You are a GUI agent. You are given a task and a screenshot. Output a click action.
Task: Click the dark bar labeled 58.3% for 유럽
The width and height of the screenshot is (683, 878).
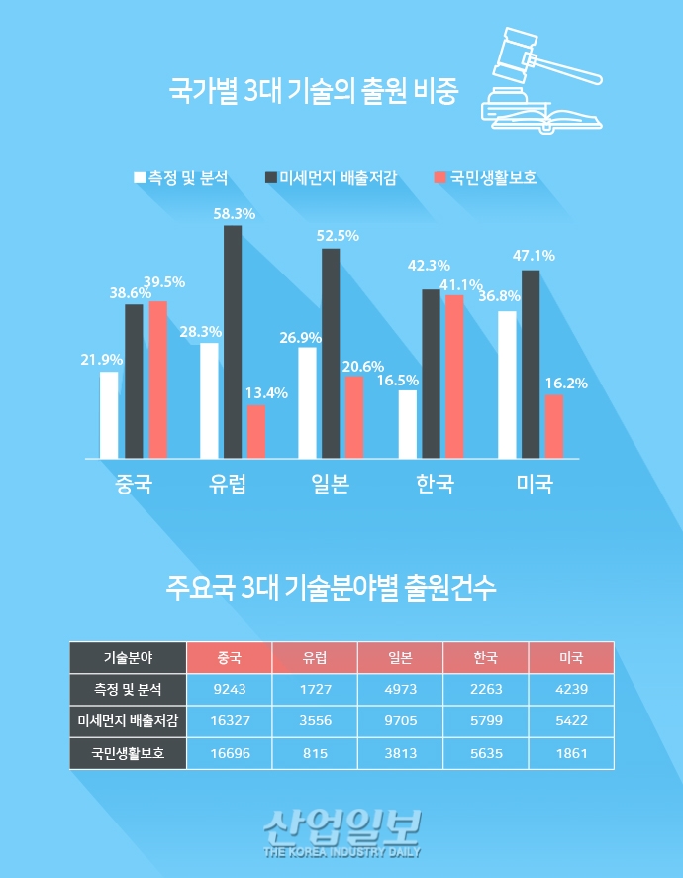pyautogui.click(x=233, y=342)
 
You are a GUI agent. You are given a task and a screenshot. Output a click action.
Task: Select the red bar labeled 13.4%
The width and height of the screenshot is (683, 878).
pyautogui.click(x=256, y=432)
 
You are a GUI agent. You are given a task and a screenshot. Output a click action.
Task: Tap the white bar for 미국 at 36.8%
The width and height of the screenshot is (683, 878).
pyautogui.click(x=507, y=384)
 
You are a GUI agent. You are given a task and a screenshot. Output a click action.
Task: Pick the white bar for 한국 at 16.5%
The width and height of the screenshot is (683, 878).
pyautogui.click(x=407, y=424)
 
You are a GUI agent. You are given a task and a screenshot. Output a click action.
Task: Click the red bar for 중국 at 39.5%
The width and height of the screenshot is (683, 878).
pyautogui.click(x=158, y=380)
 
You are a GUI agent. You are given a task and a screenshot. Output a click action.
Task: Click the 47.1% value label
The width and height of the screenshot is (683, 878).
pyautogui.click(x=534, y=256)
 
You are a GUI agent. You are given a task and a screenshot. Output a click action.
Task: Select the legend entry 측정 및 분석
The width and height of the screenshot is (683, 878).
pyautogui.click(x=181, y=178)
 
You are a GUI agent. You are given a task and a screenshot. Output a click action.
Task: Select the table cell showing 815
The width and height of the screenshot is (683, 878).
pyautogui.click(x=315, y=753)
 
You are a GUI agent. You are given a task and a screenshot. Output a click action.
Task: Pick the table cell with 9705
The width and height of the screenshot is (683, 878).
pyautogui.click(x=400, y=720)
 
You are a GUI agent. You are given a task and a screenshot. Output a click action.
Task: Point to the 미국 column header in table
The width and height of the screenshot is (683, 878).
pyautogui.click(x=571, y=657)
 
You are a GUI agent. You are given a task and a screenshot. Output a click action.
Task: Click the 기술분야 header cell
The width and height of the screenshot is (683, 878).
pyautogui.click(x=128, y=657)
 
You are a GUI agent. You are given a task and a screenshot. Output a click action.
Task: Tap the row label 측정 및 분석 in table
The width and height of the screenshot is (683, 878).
pyautogui.click(x=128, y=688)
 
